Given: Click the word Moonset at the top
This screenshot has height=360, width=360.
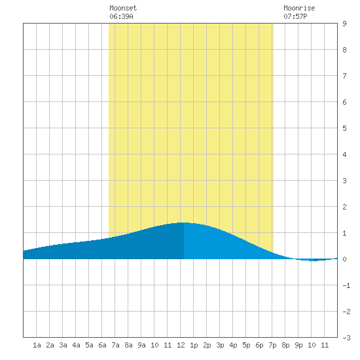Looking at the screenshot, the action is click(x=123, y=8).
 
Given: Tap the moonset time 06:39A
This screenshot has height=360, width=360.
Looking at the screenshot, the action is click(x=121, y=16).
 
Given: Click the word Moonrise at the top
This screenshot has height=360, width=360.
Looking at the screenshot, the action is click(x=299, y=8).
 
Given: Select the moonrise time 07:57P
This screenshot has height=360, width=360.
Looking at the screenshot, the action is click(x=295, y=16).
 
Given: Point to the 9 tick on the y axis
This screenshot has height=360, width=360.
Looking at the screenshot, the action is click(x=344, y=24).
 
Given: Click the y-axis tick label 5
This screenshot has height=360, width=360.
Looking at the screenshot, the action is click(x=344, y=128).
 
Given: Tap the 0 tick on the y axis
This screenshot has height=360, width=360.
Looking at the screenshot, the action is click(x=344, y=259).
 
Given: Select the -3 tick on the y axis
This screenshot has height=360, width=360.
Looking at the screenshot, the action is click(x=346, y=338).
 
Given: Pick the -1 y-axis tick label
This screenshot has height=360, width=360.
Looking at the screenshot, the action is click(x=346, y=285).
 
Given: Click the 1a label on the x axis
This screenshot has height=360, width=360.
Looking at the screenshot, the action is click(x=37, y=345).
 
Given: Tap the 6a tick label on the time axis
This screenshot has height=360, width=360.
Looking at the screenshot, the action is click(x=102, y=345).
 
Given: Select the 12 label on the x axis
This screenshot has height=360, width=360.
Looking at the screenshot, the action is click(x=181, y=345).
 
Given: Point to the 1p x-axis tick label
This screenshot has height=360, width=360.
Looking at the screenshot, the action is click(x=194, y=345).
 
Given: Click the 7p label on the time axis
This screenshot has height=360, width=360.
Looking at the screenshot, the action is click(x=272, y=345).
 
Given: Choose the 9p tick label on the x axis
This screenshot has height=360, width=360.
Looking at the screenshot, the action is click(x=298, y=345).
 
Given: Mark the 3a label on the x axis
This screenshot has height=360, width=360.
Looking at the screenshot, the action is click(x=63, y=345).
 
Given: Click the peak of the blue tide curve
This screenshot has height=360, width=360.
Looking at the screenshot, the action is click(x=184, y=223).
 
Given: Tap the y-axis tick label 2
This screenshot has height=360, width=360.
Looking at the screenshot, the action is click(x=344, y=207).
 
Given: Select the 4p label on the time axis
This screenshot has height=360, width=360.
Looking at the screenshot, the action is click(x=233, y=345).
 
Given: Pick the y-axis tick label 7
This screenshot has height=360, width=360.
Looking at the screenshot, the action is click(x=344, y=76).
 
